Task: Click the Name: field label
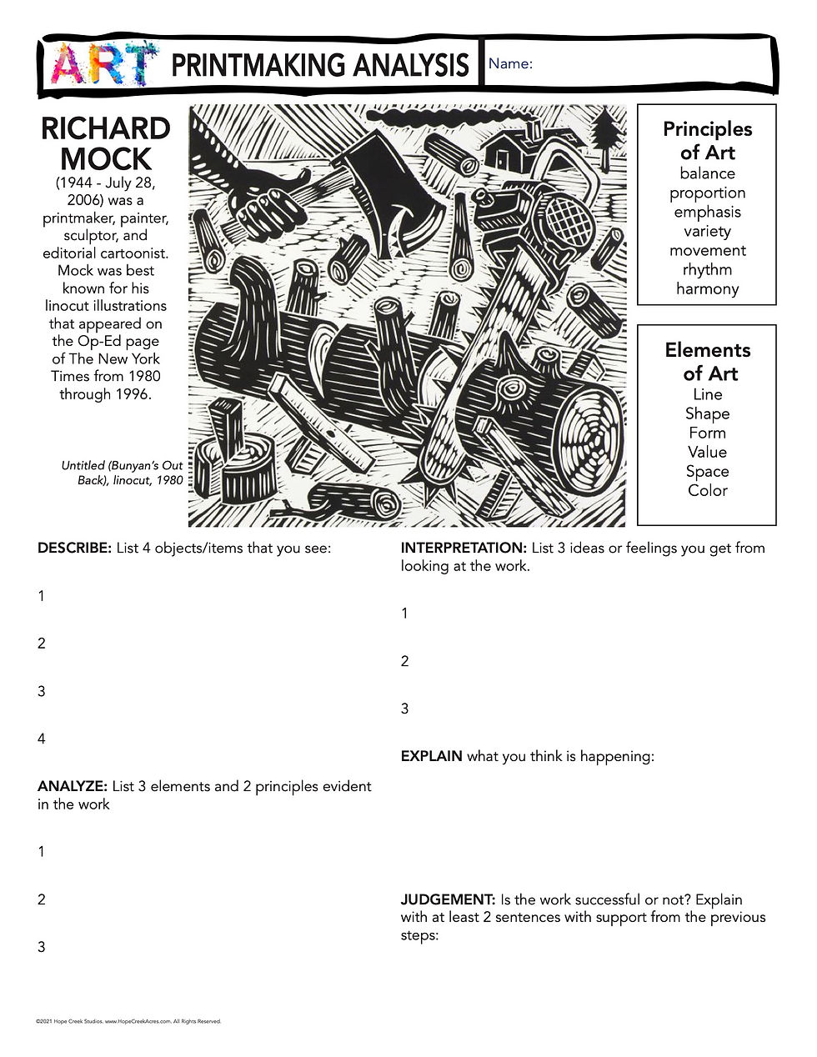510,64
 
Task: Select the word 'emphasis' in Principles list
707,212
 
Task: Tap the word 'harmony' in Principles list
707,288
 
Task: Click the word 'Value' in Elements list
707,452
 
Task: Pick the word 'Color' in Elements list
707,490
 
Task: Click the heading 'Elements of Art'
707,361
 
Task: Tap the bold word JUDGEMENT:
448,899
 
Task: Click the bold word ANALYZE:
73,786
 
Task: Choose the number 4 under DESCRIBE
42,739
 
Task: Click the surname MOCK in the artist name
106,158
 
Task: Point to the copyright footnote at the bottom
128,1021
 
